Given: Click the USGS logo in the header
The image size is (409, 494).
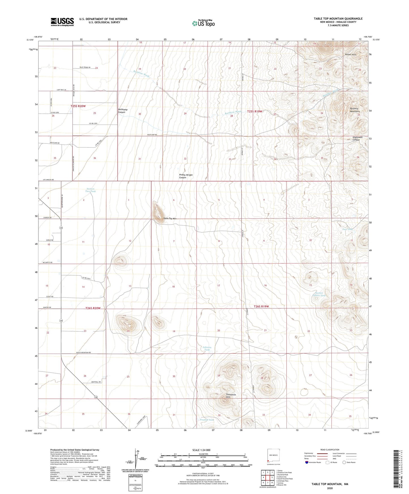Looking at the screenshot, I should [x=62, y=22].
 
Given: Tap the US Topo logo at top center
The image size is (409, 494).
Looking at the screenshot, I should [x=203, y=23].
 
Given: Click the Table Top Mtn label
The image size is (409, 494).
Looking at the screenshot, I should [x=170, y=218].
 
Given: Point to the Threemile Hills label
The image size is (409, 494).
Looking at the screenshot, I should [x=231, y=396].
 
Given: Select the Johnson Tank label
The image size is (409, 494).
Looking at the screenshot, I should [x=207, y=349].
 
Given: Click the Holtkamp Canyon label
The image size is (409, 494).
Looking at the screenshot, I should [x=122, y=111].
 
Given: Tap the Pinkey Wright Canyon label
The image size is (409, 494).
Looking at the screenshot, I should [x=186, y=176].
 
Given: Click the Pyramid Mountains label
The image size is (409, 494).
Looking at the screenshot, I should [x=354, y=110].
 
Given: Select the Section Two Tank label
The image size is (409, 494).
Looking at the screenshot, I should [x=91, y=190].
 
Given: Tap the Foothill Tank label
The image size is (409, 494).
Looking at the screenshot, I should [x=207, y=420].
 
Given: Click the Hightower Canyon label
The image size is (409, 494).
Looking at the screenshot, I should [x=356, y=139].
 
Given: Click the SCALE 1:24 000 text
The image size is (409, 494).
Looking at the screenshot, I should [x=201, y=450].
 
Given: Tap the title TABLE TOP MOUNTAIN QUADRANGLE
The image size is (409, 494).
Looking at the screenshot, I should [x=338, y=19].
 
